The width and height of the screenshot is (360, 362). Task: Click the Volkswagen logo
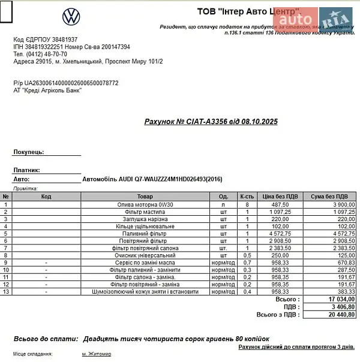[71, 16]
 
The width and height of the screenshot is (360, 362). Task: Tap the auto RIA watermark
[317, 20]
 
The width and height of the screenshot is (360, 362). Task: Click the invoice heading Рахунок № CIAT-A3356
[211, 122]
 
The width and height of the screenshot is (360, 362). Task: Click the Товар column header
[145, 197]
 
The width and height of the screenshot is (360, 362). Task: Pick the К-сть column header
[247, 197]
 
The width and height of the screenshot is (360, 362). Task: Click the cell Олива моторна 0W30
[145, 204]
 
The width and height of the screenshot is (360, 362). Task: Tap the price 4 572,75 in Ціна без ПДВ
[280, 233]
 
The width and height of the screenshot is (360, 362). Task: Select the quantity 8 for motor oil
[247, 204]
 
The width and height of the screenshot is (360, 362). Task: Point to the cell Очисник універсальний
[145, 255]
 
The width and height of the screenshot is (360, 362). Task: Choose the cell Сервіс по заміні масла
[145, 263]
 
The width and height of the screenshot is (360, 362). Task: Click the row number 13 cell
[6, 291]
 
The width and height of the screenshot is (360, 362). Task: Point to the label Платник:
[26, 170]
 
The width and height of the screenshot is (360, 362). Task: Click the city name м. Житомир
[97, 354]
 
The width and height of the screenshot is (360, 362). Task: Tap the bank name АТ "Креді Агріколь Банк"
[47, 90]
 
